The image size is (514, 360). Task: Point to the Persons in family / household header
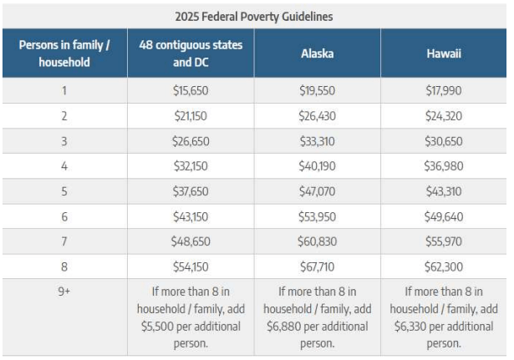[x=64, y=53]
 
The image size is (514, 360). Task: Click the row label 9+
[x=64, y=292]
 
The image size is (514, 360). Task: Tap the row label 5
[x=64, y=190]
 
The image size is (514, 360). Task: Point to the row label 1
[x=64, y=90]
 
